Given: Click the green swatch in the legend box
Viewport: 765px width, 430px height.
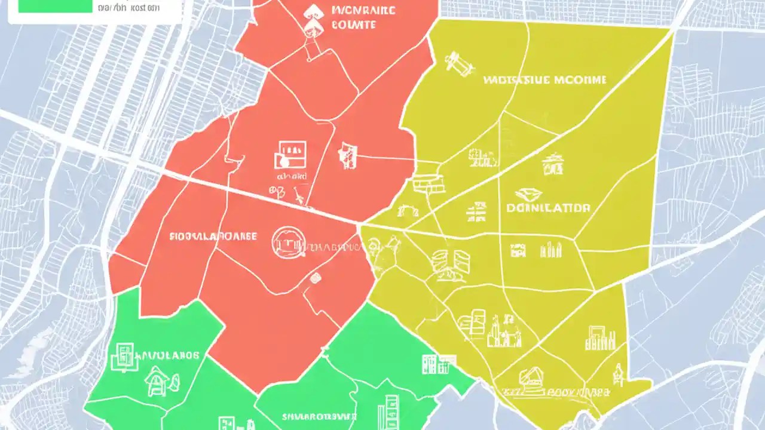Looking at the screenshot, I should (x=55, y=6).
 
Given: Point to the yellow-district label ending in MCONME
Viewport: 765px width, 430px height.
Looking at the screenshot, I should (x=544, y=79).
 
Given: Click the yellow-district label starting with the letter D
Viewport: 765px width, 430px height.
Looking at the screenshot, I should (x=548, y=208).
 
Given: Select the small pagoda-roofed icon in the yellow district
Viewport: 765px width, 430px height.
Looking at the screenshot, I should (x=552, y=163).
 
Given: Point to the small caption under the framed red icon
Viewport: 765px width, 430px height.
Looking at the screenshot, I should (x=291, y=177).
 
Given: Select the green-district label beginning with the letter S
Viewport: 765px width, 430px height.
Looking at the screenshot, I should (x=319, y=416).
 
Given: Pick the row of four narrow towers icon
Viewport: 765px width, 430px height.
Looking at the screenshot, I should (x=550, y=250).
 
